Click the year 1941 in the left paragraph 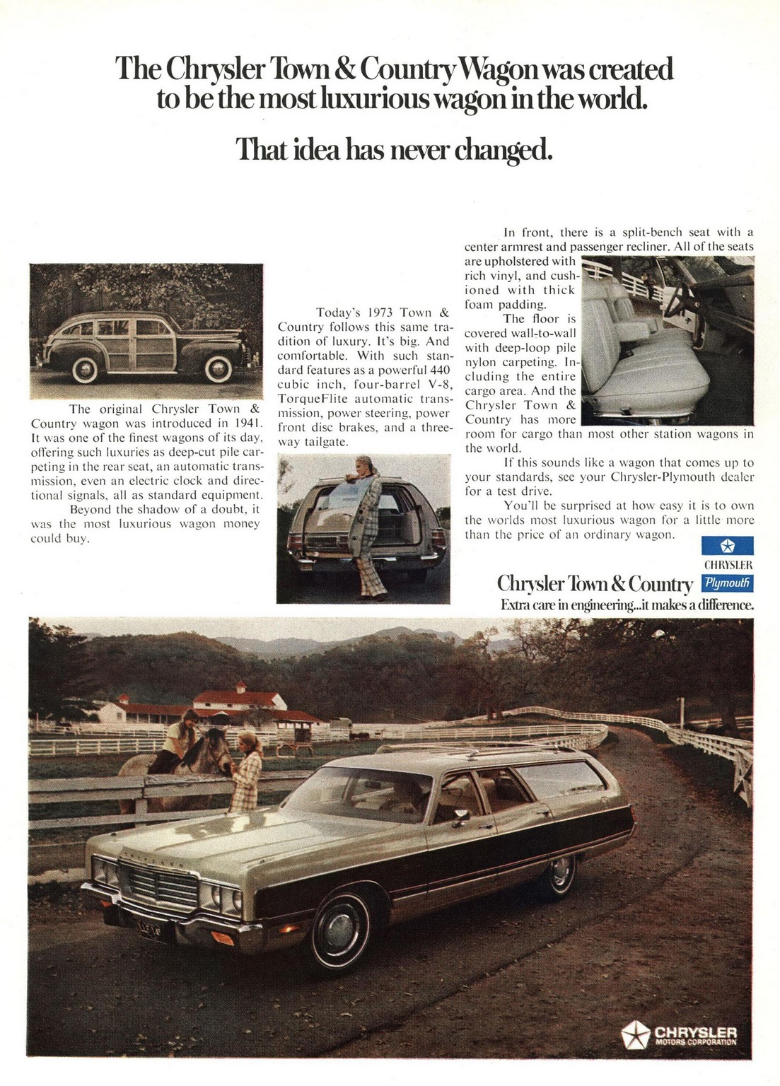point(248,424)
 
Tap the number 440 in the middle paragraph point(439,370)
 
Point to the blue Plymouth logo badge point(727,583)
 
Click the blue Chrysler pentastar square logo point(727,546)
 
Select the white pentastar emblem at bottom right point(635,1035)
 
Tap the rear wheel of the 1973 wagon point(561,874)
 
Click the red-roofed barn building point(239,700)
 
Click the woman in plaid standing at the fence point(247,774)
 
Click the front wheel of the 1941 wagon point(218,368)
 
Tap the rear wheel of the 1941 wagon point(85,368)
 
